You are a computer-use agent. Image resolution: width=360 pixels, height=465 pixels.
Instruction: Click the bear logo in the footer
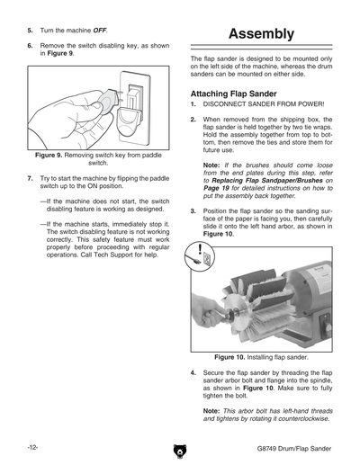pos(180,451)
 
